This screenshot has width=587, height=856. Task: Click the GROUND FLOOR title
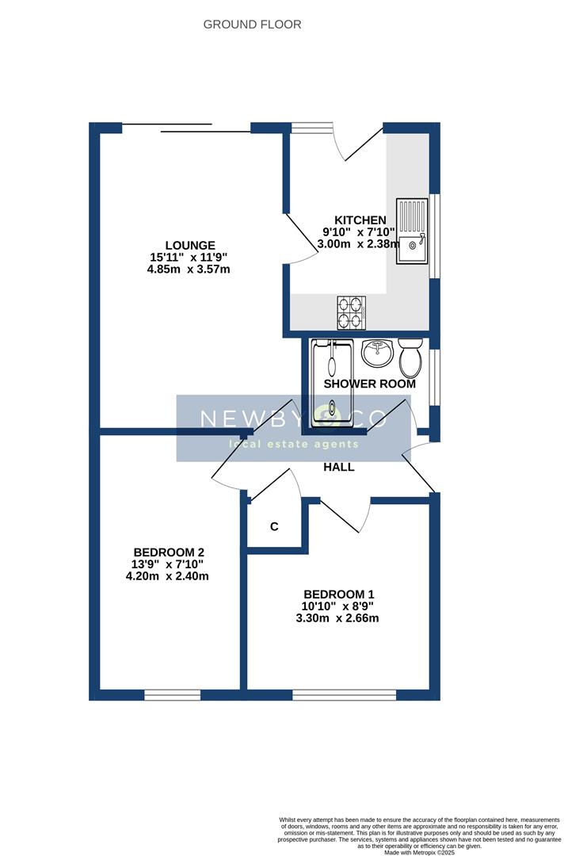252,25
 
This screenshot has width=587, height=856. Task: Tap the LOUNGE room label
189,245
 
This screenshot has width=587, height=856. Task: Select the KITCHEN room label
360,220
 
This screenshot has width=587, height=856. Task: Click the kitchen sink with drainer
412,231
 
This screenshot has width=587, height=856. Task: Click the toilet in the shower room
410,358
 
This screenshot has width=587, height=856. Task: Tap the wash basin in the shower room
378,353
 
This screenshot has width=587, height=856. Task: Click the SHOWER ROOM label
369,384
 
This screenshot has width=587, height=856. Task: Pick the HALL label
338,467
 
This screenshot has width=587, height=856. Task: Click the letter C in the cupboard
274,526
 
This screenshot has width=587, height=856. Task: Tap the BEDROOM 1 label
338,594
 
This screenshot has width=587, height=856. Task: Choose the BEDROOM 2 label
170,552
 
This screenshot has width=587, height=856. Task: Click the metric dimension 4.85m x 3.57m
189,269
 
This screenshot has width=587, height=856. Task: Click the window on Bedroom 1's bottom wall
344,695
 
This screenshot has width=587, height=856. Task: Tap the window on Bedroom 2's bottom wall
172,695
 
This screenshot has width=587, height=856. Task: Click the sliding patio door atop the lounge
186,128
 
